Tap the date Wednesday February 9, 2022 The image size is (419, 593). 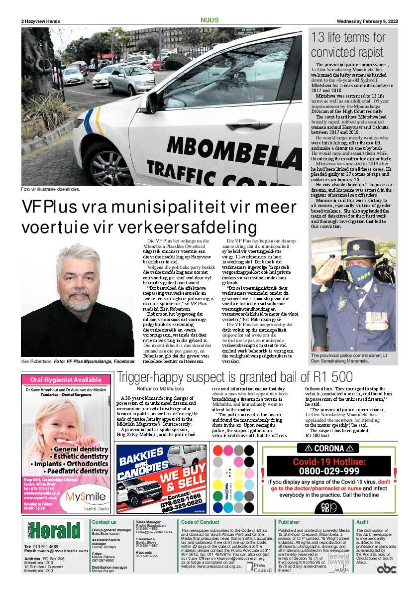(367, 21)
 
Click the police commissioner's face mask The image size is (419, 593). (361, 274)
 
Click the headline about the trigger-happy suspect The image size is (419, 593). (234, 377)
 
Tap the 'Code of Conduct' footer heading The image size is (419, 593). (200, 522)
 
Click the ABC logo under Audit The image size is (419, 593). (386, 569)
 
